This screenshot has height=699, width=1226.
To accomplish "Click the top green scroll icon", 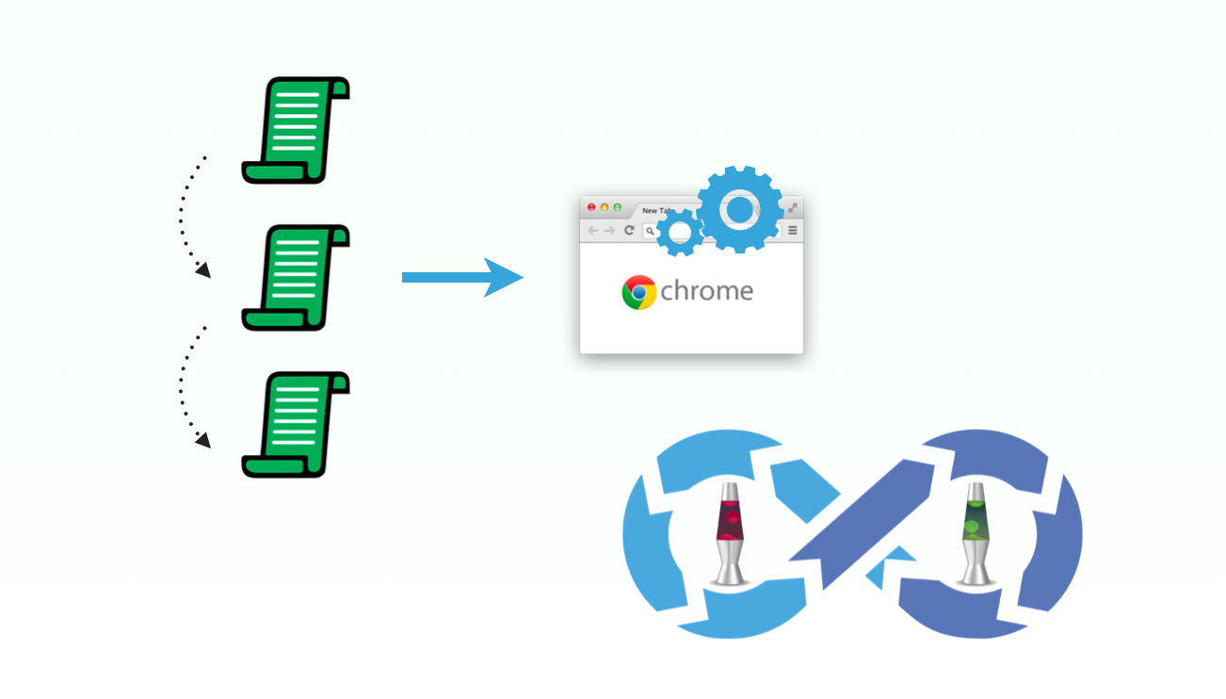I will tap(296, 130).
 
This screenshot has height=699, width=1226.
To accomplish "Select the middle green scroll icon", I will tap(296, 278).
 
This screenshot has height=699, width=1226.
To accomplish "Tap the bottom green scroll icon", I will tap(296, 424).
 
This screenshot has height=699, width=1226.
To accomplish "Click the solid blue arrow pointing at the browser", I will tap(461, 277).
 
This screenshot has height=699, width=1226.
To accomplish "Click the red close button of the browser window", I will tap(591, 207).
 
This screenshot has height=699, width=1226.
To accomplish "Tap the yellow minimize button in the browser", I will tap(605, 207).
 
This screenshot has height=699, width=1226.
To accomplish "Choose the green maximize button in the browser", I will tap(618, 207).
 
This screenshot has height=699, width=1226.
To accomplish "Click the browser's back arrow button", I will tap(592, 231).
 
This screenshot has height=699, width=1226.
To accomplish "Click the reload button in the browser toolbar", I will tap(629, 231).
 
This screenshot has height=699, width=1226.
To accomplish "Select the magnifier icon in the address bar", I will tap(650, 231).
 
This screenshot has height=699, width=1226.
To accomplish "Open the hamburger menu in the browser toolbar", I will tap(793, 231).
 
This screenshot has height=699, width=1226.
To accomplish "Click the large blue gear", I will tap(740, 209).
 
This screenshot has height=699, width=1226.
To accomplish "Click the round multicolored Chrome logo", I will tap(638, 292).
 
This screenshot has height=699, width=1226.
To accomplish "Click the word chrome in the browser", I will tap(706, 291).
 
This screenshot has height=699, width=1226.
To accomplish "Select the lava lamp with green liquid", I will tap(973, 533).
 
